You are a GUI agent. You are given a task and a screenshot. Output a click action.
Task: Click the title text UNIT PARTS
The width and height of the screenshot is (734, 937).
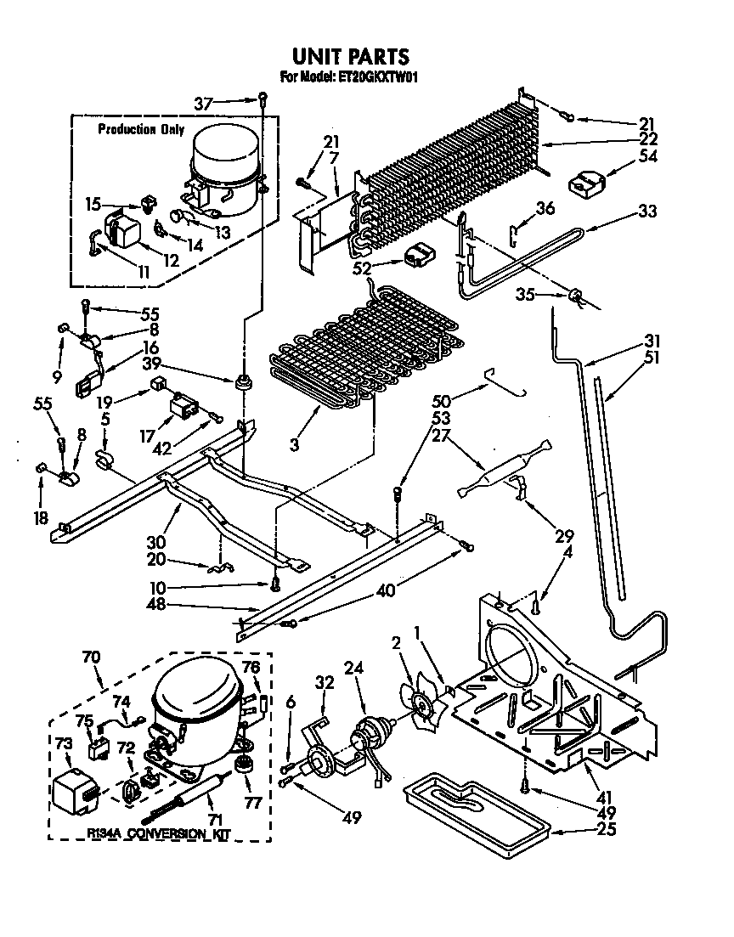(x=351, y=56)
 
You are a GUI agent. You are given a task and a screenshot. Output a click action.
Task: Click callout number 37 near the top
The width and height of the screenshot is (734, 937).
(x=203, y=104)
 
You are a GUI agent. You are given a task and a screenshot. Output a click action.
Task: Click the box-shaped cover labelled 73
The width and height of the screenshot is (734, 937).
(x=74, y=789)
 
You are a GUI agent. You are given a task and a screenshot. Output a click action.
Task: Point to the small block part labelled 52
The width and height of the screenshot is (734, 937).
(x=419, y=256)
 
